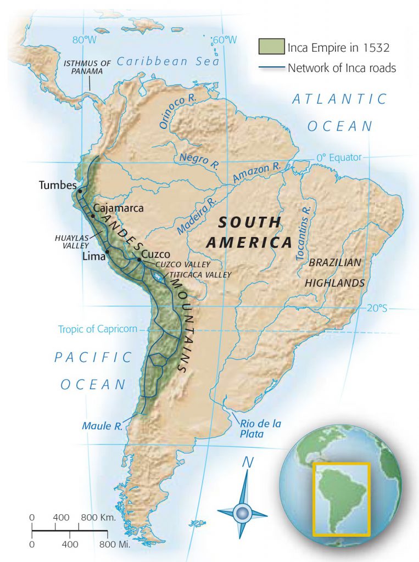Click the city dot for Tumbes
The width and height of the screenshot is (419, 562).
80,191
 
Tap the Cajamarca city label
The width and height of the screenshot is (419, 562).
118,209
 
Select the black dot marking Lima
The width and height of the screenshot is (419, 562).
107,251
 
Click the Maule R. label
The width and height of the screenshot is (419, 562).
102,425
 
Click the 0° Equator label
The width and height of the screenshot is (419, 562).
339,158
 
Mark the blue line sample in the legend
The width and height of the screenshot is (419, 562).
271,69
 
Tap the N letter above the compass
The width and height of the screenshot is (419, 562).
248,463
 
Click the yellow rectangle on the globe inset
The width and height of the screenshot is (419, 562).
341,499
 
